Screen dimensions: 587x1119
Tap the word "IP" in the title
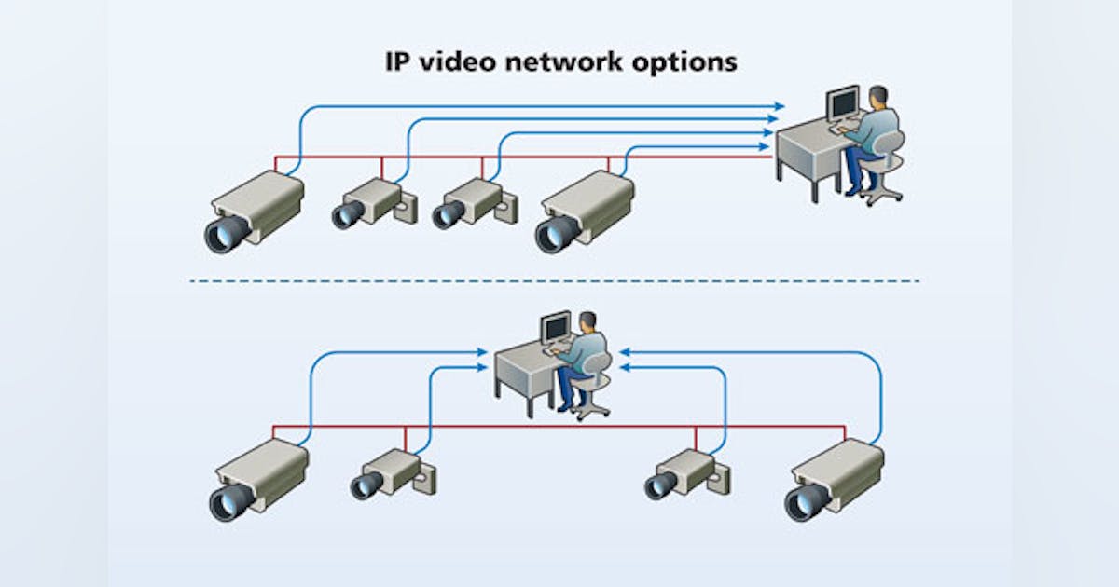(398, 62)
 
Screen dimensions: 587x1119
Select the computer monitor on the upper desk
(844, 103)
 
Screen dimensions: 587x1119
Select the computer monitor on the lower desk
(557, 327)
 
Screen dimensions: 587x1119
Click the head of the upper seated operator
(878, 96)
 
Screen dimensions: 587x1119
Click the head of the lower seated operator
(588, 321)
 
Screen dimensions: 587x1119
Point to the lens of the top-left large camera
(225, 233)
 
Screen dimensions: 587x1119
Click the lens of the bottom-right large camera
(803, 501)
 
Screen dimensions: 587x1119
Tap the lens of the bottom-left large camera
(228, 501)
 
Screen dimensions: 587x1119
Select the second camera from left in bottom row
(389, 472)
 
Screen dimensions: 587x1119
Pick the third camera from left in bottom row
(682, 472)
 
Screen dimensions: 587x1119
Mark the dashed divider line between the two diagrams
(555, 280)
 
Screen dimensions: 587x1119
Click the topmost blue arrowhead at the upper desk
(779, 106)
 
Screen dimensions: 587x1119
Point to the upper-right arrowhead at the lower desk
(624, 352)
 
